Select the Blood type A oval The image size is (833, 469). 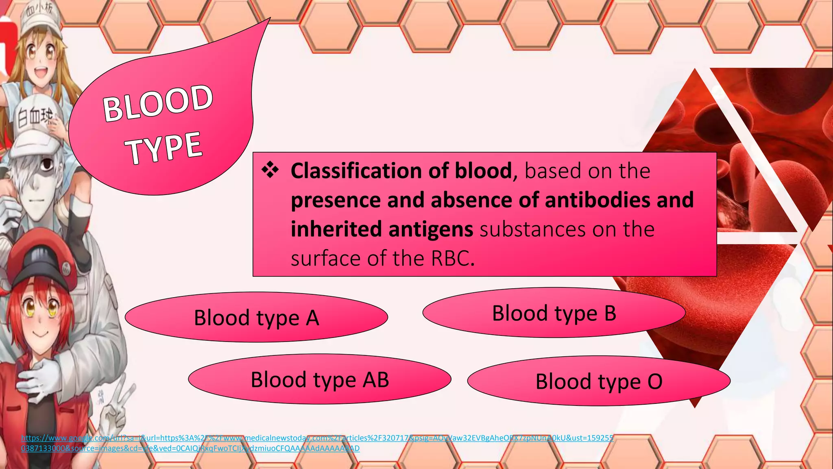point(256,318)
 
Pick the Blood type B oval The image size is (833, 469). point(554,313)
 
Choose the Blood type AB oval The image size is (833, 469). point(320,379)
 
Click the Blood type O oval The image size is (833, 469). point(599,381)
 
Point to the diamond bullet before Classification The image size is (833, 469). point(270,170)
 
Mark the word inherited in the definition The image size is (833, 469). point(336,229)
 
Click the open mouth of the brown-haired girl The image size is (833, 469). point(41,73)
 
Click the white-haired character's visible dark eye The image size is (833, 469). point(47,164)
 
